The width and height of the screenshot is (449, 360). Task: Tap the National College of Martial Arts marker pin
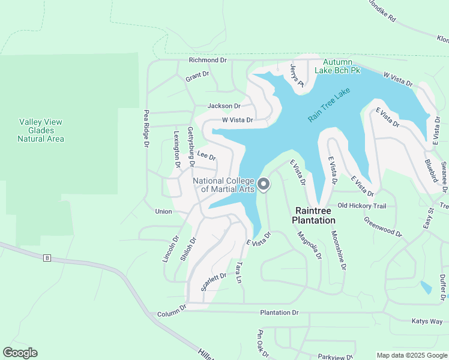[x=263, y=185]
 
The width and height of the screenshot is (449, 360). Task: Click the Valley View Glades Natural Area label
[x=41, y=130]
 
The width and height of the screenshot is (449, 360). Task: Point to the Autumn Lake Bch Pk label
[x=342, y=66]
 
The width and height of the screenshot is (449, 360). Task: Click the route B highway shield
[x=47, y=258]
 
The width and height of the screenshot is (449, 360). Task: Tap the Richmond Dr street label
[x=208, y=60]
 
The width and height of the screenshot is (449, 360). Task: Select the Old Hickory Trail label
[x=361, y=206]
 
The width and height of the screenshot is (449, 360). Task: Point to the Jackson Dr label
[x=224, y=106]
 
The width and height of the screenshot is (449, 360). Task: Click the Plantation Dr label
[x=279, y=313]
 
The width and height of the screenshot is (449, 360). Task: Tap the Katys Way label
[x=427, y=321]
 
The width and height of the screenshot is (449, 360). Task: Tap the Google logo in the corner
[x=20, y=353]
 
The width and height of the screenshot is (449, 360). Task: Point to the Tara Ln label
[x=240, y=272]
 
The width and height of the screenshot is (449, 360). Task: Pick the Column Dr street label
[x=172, y=314]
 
